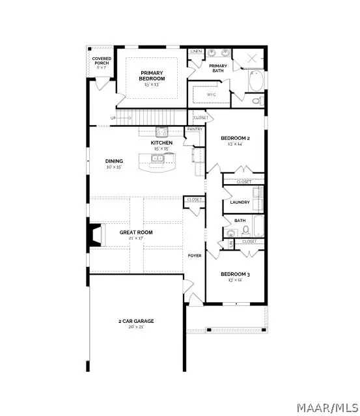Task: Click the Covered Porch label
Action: [101, 61]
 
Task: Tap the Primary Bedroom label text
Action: [152, 75]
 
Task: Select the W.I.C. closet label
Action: [211, 95]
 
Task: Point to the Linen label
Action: [195, 51]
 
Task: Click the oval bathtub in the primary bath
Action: [256, 83]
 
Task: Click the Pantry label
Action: [194, 129]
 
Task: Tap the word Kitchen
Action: [161, 142]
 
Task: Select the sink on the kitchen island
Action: [159, 158]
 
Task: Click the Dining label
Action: [115, 161]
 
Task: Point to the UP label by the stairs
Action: [113, 118]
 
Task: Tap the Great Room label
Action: [135, 232]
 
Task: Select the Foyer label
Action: [195, 255]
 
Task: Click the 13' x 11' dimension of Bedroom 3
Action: [235, 280]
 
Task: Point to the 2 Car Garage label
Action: [135, 320]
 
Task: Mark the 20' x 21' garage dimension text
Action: [135, 327]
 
